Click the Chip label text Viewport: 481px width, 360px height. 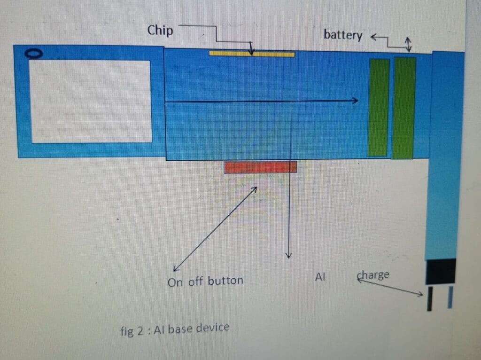point(160,31)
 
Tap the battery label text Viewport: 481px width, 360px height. point(342,35)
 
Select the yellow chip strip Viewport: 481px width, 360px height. point(252,54)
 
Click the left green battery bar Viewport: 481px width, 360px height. point(378,107)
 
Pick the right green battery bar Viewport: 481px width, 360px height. point(403,108)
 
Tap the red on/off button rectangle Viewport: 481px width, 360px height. point(260,167)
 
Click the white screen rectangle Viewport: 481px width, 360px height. point(91,101)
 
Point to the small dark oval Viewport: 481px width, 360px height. point(34,54)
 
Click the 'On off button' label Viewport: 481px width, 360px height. point(205,281)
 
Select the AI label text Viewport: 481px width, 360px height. point(320,278)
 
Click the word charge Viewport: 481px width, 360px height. point(373,275)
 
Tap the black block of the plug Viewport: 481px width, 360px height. point(441,271)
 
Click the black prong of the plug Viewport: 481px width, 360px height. point(429,299)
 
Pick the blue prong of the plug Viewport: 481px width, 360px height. point(450,297)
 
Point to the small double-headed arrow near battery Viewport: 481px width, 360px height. point(408,45)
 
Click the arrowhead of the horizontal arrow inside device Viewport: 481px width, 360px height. point(355,100)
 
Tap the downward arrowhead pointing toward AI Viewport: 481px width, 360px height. point(289,255)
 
